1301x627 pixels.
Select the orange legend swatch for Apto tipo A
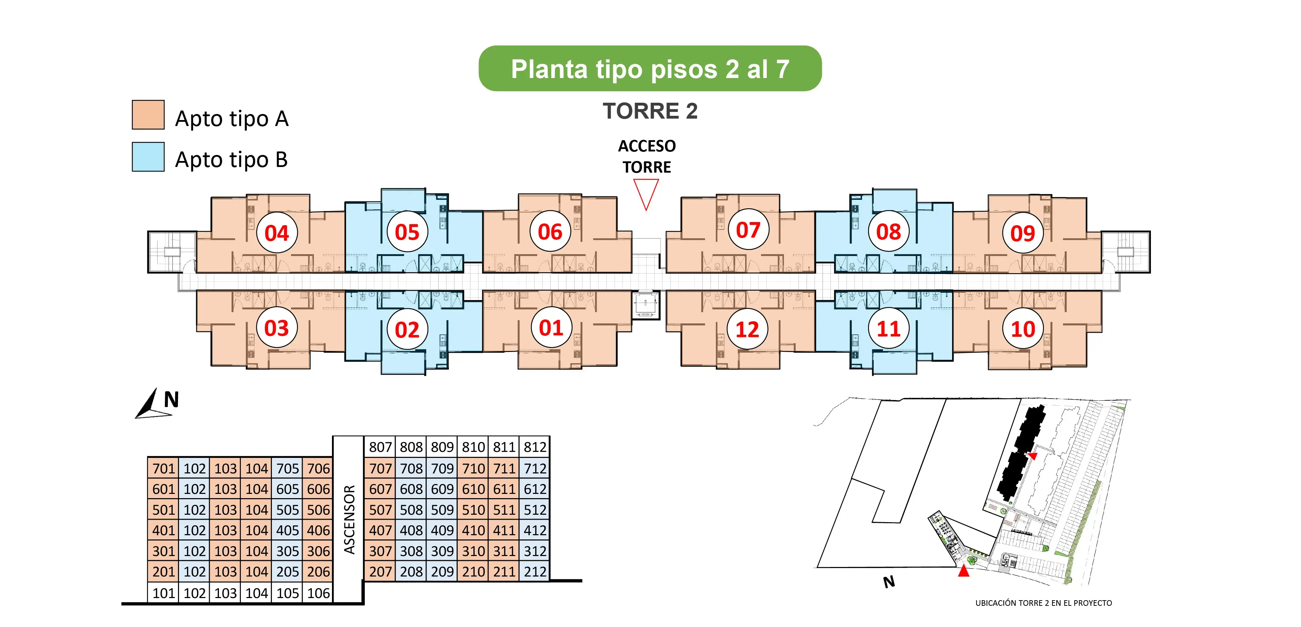click(x=148, y=115)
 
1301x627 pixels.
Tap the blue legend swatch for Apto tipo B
click(x=148, y=156)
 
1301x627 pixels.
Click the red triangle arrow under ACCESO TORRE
click(x=646, y=194)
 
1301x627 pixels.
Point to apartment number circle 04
click(x=277, y=233)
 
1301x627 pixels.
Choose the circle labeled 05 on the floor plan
click(x=407, y=232)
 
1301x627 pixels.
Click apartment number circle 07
click(x=748, y=230)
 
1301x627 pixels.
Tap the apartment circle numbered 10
click(x=1023, y=329)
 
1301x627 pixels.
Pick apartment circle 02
click(x=407, y=330)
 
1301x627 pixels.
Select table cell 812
click(x=535, y=447)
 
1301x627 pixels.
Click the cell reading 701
click(x=163, y=468)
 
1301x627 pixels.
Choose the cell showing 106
click(x=318, y=593)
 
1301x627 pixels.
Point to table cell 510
click(x=473, y=509)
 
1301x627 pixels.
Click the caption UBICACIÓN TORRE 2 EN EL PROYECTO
click(x=1044, y=603)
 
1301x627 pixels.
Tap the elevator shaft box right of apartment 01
click(x=646, y=305)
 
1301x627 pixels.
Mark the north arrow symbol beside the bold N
click(x=151, y=404)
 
